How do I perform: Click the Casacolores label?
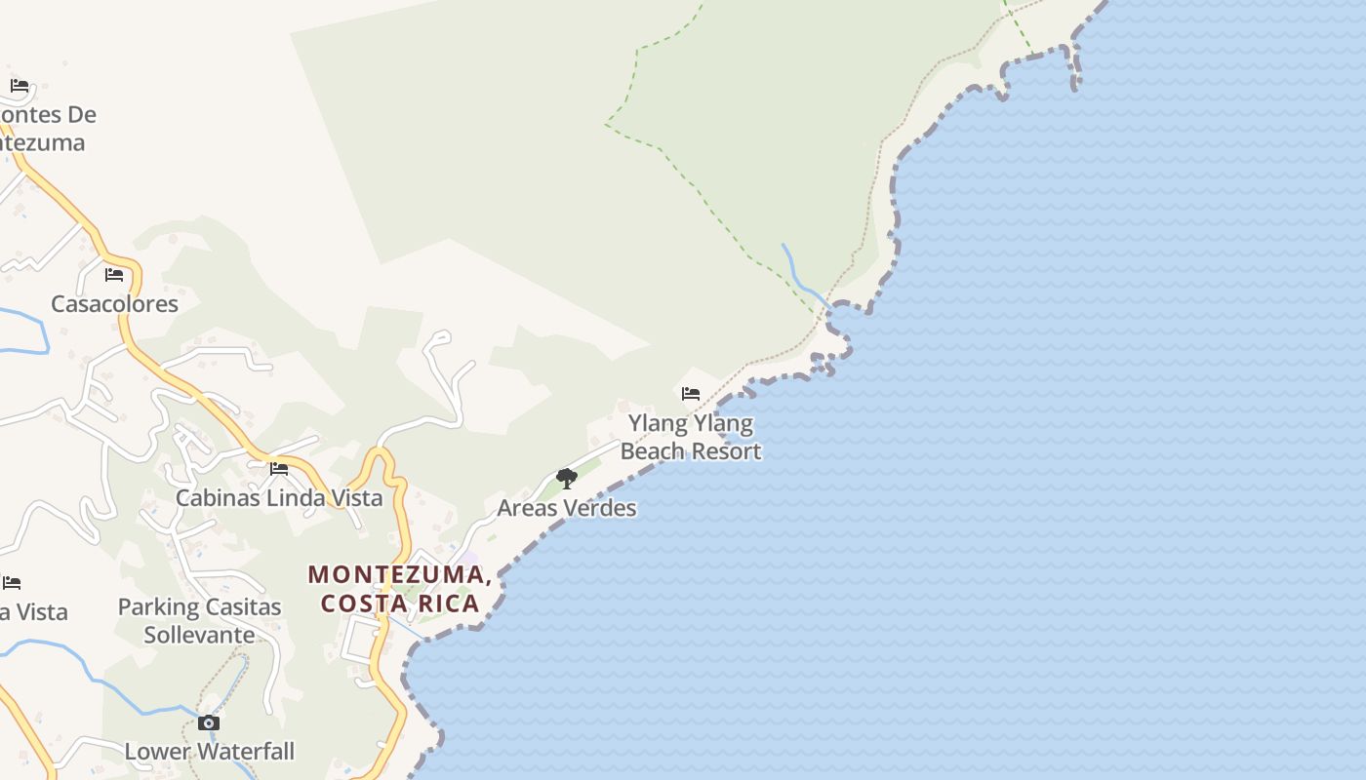click(114, 303)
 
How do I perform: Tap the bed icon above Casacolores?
click(114, 274)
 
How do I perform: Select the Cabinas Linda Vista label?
click(279, 497)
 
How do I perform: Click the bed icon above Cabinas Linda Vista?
click(279, 468)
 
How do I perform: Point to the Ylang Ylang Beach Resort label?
click(691, 437)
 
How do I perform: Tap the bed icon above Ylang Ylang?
click(691, 393)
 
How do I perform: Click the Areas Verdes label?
click(566, 508)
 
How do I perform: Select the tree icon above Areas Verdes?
click(566, 478)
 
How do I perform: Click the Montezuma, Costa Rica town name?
click(400, 589)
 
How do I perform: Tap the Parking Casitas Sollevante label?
click(200, 620)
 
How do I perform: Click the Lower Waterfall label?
click(209, 752)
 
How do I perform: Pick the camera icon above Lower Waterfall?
click(209, 722)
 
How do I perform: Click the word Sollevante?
click(200, 635)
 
